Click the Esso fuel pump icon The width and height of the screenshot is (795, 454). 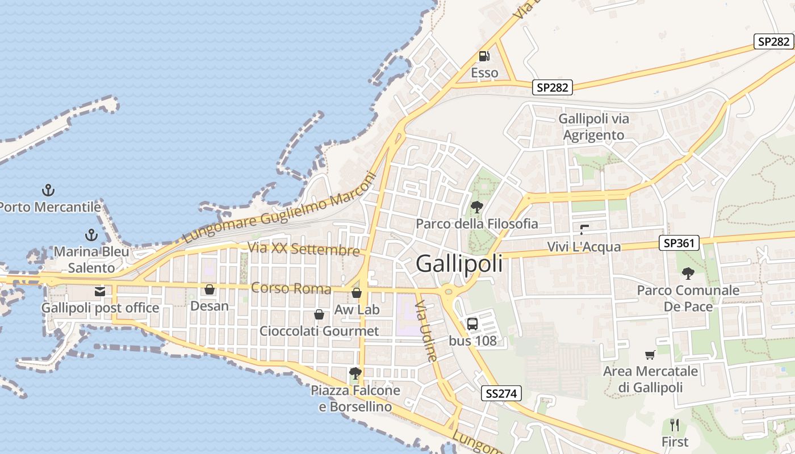(484, 56)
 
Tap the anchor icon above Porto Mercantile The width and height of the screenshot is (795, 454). (48, 190)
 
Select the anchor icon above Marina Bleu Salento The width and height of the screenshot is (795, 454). (91, 234)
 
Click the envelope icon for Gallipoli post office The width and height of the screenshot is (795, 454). (100, 292)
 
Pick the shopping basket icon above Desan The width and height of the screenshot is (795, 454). (210, 289)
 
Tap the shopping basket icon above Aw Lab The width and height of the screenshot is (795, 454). (357, 293)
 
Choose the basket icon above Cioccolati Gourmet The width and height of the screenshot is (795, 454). (319, 314)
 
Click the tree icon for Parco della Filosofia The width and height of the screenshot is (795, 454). (477, 207)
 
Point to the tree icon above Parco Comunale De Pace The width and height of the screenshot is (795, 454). (688, 274)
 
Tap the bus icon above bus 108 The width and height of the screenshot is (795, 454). (472, 324)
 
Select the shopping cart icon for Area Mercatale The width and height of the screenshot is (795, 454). (650, 355)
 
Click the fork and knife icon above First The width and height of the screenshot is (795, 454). (675, 425)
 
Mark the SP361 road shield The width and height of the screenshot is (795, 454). (679, 243)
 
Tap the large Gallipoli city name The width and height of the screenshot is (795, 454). (459, 264)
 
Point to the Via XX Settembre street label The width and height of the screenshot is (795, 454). (304, 249)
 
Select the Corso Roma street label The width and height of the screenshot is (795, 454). (291, 288)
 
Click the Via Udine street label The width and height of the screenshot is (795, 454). (426, 332)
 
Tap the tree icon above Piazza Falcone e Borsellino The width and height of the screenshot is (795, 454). (355, 373)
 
